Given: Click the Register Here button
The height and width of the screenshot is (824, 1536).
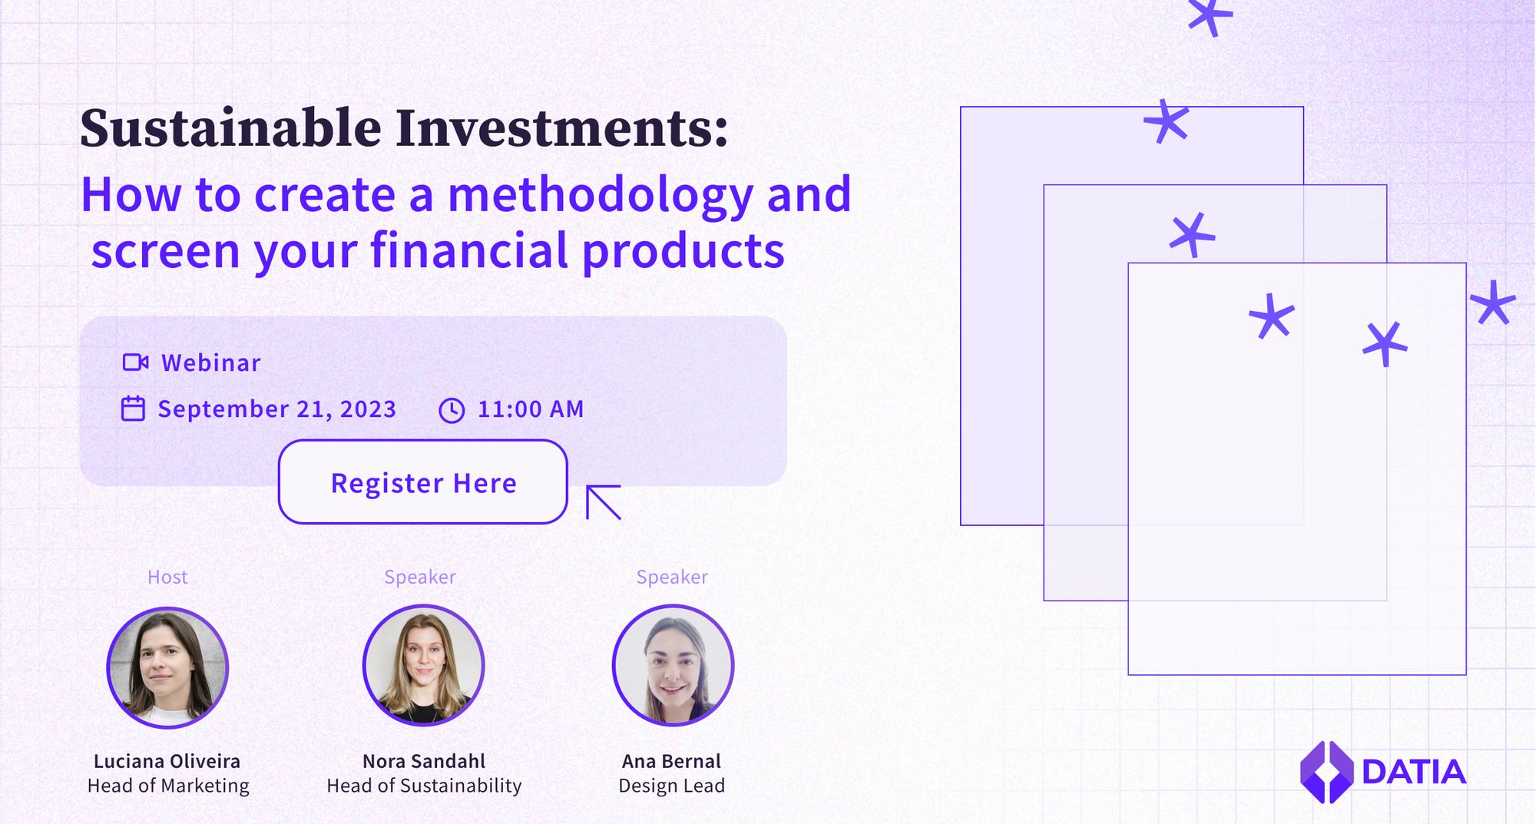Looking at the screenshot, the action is point(423,481).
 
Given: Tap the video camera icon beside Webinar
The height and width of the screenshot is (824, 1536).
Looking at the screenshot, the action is point(136,362).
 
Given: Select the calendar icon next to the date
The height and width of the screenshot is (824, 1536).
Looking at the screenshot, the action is point(133,409).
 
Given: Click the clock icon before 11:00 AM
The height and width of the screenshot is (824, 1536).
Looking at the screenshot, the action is point(452,410).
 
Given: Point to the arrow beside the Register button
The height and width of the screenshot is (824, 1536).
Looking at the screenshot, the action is point(603,502).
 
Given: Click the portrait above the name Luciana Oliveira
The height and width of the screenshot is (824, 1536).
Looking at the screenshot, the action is point(167,667).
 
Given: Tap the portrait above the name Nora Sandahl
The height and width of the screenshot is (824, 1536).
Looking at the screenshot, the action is point(423,665).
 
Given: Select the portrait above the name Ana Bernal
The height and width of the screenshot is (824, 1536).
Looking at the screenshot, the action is point(673,665).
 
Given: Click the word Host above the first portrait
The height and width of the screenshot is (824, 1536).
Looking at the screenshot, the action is point(167,577).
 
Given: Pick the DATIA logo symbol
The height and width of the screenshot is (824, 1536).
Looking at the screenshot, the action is point(1326,772).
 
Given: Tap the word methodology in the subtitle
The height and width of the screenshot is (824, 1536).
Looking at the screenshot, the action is point(601,196).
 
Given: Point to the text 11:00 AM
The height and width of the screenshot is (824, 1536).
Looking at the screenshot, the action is point(531,409).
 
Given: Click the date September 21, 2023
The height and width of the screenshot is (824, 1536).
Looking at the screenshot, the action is point(277,409).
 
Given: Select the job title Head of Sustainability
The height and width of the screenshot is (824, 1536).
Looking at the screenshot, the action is point(424,786).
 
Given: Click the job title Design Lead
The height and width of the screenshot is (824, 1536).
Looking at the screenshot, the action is point(672,786).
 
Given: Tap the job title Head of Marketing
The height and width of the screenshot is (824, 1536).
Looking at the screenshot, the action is point(168,786).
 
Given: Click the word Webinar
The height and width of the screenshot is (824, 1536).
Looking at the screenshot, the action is point(211,362).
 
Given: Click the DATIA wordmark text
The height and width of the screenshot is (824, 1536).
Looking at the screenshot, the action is point(1414,773).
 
